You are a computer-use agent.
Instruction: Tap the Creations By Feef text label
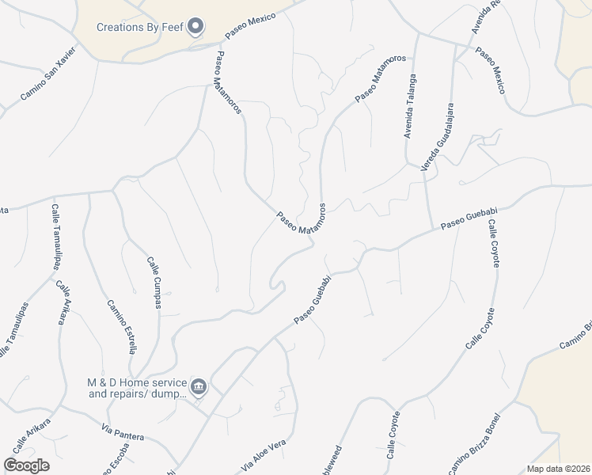tap(140, 27)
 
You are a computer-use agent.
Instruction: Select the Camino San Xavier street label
tap(48, 74)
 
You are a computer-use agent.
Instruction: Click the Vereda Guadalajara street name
tap(438, 136)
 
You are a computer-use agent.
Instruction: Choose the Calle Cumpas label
tap(156, 283)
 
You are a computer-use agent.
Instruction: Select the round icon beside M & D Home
tap(199, 387)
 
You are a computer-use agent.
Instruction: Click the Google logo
tap(26, 465)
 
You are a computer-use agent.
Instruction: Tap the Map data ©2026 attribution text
tap(558, 469)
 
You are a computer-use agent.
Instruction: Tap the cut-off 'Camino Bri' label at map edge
tap(576, 336)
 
